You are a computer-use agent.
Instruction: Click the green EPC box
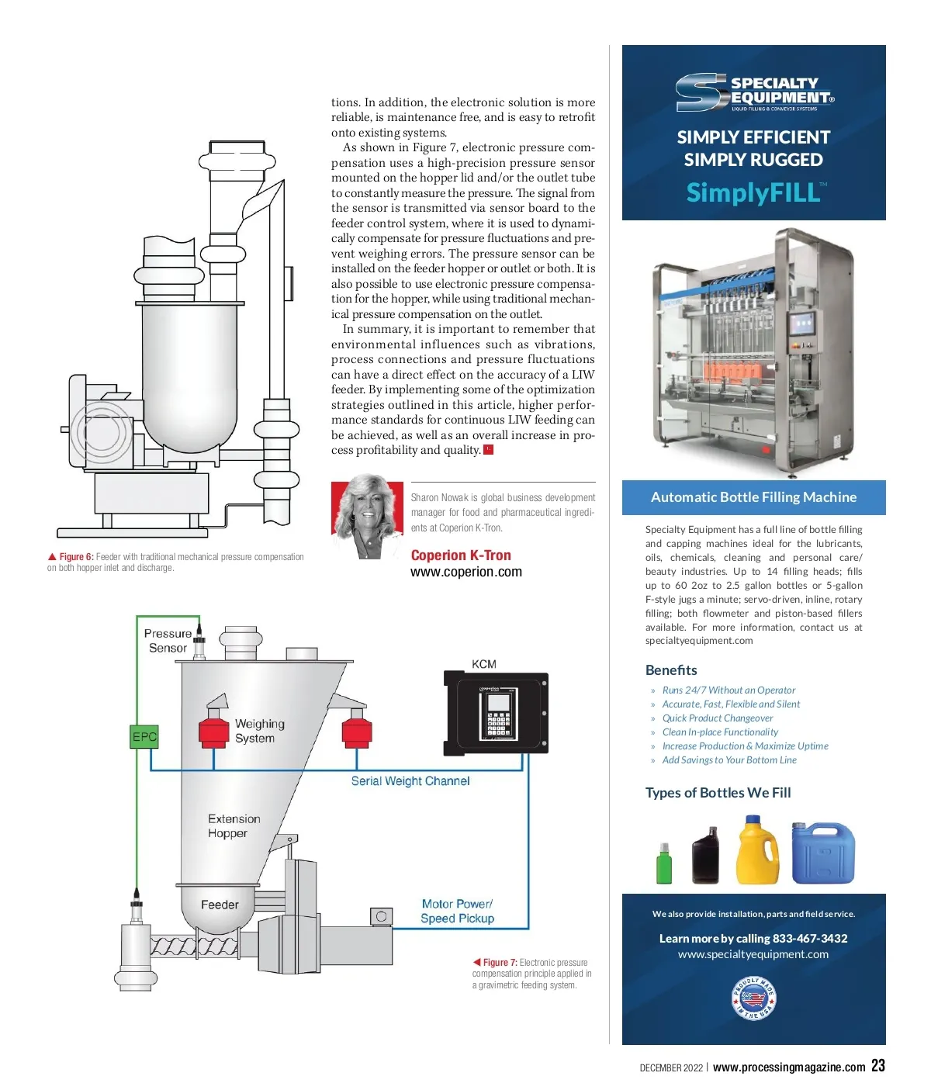(144, 736)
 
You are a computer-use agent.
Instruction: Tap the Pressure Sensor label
(168, 641)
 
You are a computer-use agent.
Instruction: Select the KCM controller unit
(496, 712)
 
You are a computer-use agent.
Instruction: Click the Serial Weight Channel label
(410, 781)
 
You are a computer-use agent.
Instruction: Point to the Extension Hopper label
(233, 826)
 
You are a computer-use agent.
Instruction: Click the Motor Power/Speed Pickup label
(457, 911)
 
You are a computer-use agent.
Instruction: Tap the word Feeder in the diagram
(220, 905)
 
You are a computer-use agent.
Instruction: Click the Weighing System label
(259, 731)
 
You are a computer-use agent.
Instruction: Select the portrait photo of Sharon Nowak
(367, 517)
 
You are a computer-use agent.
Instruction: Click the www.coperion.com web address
(465, 572)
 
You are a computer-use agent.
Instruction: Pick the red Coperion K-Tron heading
(461, 555)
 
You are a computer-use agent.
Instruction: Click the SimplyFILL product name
(753, 192)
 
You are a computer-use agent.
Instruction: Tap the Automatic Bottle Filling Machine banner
(753, 497)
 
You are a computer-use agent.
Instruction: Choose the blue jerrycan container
(822, 853)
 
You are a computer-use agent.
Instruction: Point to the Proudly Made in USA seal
(753, 998)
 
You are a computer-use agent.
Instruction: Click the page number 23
(877, 1066)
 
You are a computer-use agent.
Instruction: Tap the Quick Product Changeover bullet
(717, 718)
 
